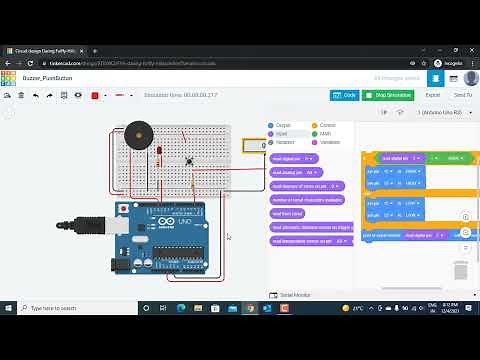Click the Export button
[432, 95]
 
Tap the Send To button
[462, 95]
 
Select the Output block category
[283, 125]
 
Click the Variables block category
[330, 141]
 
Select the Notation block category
[284, 141]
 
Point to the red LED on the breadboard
[160, 151]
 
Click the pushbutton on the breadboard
[189, 160]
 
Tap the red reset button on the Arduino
[123, 208]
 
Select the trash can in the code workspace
[461, 270]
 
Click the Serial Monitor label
[295, 295]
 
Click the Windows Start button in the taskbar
[8, 308]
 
